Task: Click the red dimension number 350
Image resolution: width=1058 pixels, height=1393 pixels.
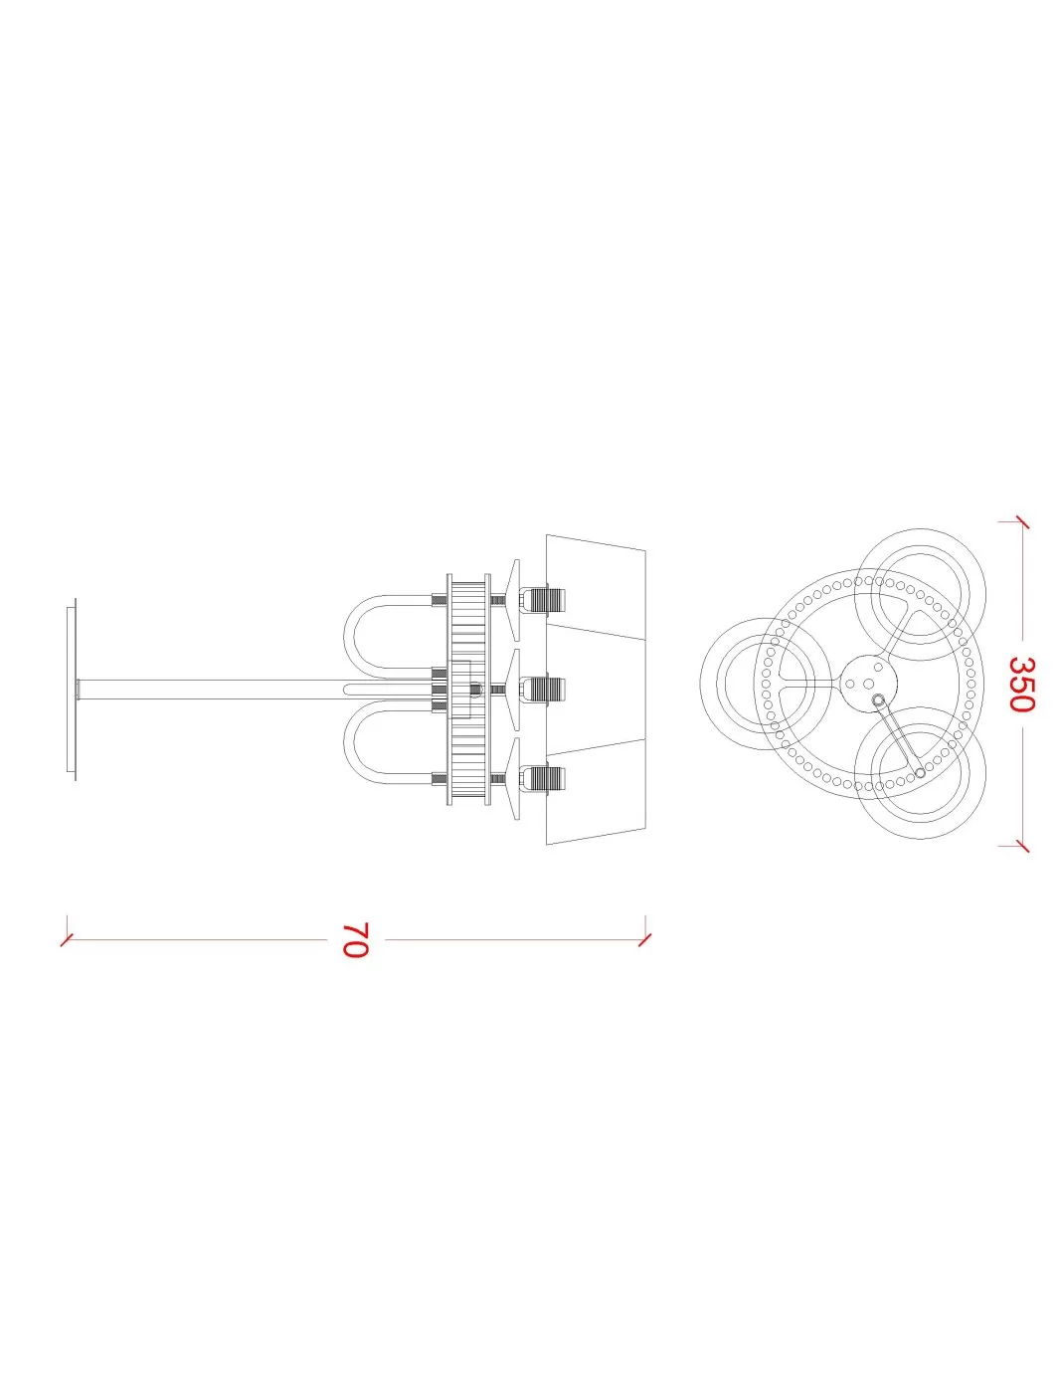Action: tap(1020, 684)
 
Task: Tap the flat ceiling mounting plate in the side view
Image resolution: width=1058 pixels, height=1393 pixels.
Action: tap(71, 690)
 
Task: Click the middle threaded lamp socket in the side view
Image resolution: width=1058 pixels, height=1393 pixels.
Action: tap(543, 690)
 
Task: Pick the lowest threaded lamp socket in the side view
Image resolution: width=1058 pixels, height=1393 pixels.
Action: tap(543, 779)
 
